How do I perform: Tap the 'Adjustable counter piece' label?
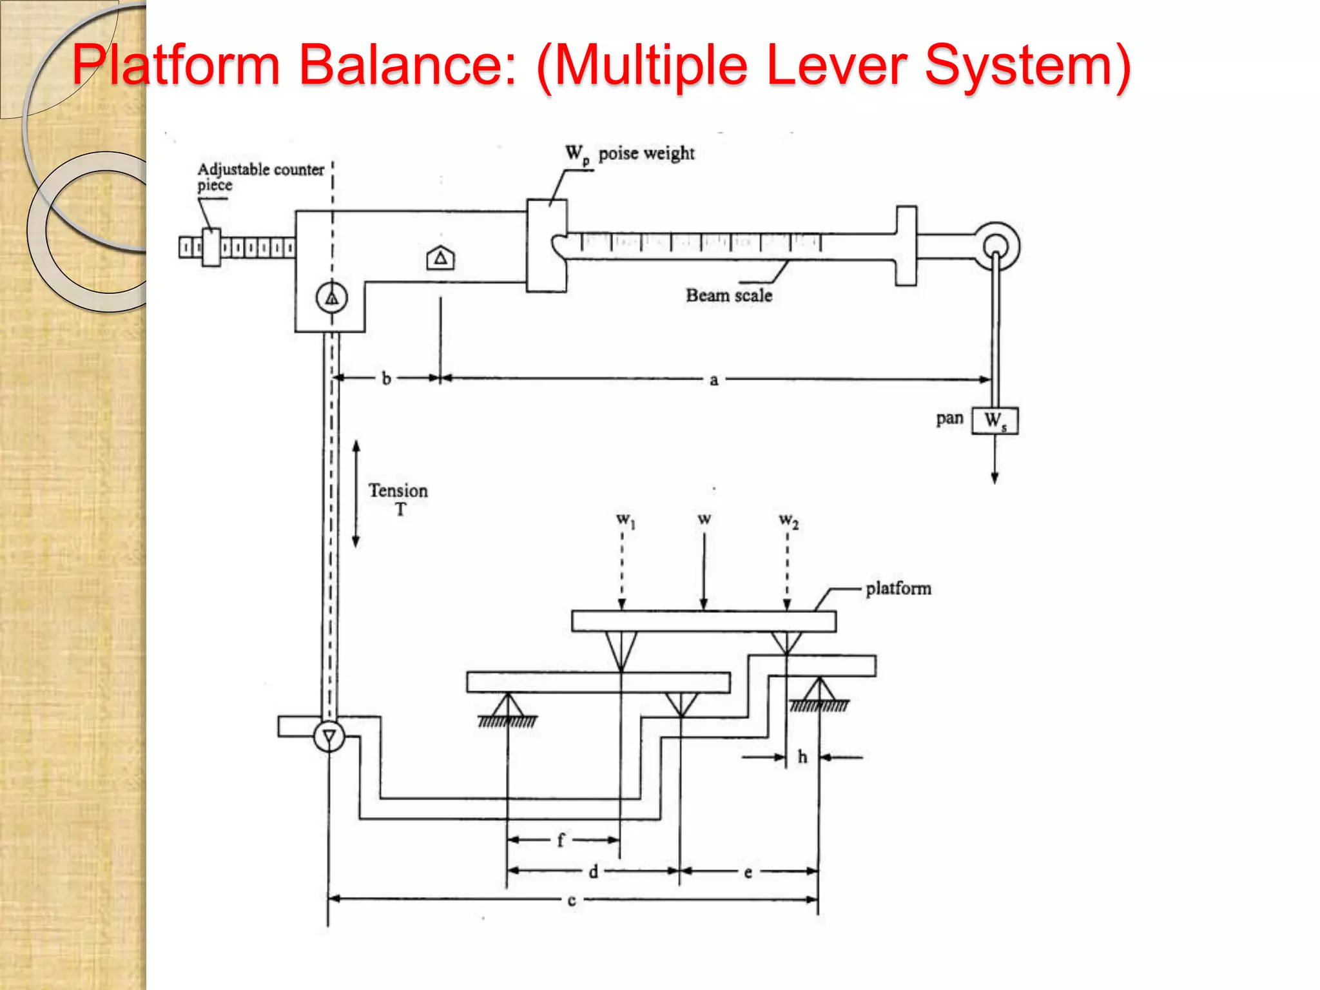[260, 177]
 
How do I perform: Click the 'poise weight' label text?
[646, 153]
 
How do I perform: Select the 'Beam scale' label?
[728, 295]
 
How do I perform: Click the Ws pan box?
[995, 420]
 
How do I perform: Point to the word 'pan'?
[949, 418]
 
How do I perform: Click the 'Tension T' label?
[398, 498]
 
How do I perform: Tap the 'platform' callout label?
[898, 588]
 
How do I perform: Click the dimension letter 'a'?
[713, 380]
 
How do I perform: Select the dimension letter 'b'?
[386, 378]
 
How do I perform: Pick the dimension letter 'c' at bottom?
[571, 900]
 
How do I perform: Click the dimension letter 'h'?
[802, 757]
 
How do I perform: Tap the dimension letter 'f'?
[560, 840]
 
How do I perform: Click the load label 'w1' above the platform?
[625, 519]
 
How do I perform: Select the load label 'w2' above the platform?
[788, 519]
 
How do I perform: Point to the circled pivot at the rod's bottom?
[329, 736]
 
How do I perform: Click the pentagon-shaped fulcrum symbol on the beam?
[441, 258]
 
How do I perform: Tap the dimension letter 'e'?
[748, 873]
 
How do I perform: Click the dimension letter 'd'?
[593, 872]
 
